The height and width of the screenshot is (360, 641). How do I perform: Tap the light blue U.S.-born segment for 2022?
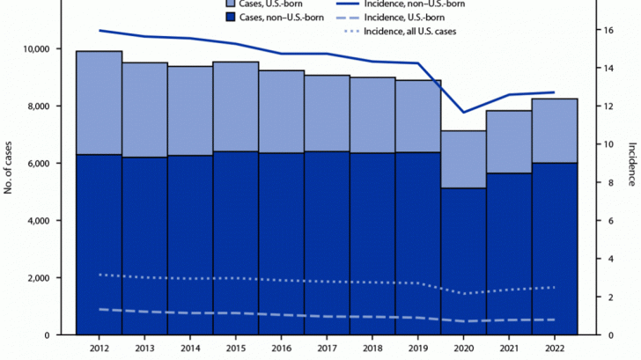coord(555,130)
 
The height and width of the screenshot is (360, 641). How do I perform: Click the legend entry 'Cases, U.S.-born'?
coord(269,4)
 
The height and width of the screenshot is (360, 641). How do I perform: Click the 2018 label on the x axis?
coord(372,349)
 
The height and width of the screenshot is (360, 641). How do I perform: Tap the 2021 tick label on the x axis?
coord(510,349)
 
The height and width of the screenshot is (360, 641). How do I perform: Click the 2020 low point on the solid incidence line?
coord(464,112)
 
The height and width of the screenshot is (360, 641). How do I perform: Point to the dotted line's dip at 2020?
coord(464,293)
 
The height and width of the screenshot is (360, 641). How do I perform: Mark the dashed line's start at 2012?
coord(99,309)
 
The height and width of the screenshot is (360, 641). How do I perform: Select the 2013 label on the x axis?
coord(144,349)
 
